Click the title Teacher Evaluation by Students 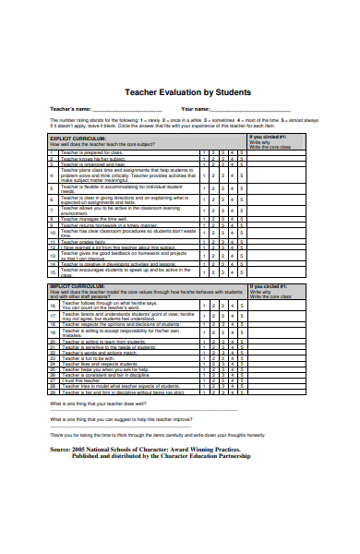(x=179, y=92)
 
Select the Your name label (x=196, y=110)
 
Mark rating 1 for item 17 (x=205, y=315)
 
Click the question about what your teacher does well (x=102, y=404)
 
